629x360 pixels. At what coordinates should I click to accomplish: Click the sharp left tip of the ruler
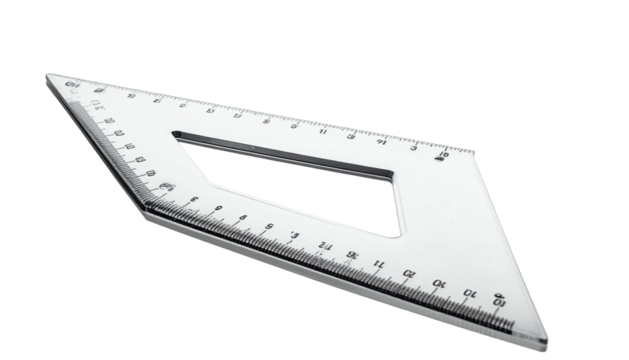(47, 76)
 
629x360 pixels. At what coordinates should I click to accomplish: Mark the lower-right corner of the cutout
(398, 236)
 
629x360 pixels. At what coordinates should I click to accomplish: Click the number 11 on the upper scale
(324, 131)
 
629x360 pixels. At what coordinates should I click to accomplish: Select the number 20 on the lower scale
(409, 272)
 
